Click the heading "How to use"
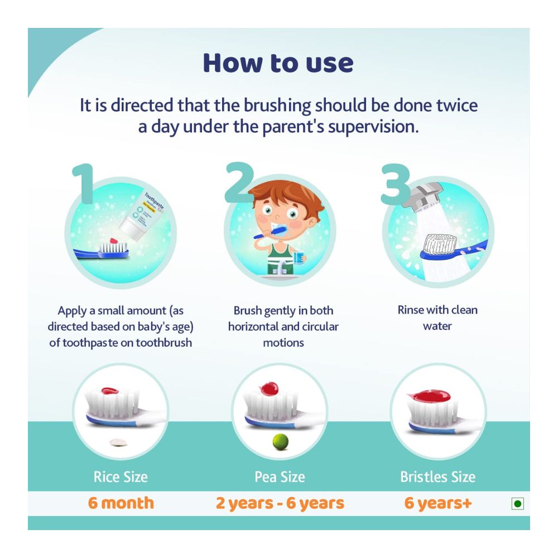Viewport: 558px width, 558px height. click(278, 62)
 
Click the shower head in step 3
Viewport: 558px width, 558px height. click(427, 195)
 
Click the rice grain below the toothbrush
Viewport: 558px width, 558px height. click(118, 442)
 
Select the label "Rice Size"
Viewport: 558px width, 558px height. click(121, 477)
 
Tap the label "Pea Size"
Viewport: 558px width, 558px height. click(280, 477)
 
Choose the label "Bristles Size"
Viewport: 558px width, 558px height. click(438, 477)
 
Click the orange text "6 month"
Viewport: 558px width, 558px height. click(121, 503)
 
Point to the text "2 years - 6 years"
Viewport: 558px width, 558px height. click(280, 503)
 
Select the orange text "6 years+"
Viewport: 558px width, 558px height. click(438, 503)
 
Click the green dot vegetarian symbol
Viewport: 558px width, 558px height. click(517, 504)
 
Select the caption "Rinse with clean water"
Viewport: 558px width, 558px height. click(437, 318)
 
